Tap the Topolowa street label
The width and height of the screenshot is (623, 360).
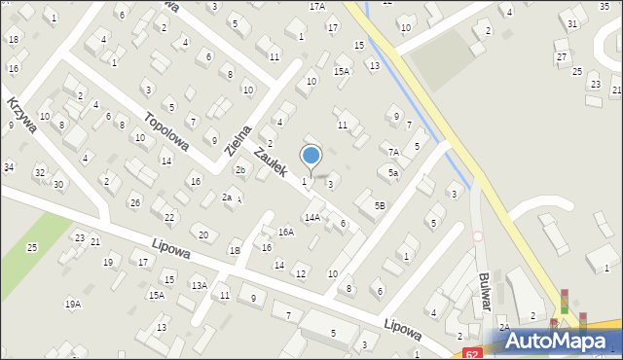[x=165, y=133]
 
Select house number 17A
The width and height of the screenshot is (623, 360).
[x=317, y=6]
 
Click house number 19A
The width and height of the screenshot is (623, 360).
[x=73, y=305]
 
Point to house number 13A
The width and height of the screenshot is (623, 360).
[x=199, y=285]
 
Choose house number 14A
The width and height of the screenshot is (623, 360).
[x=311, y=218]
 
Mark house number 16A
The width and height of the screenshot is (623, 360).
[x=285, y=232]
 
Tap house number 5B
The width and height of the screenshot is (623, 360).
[x=380, y=205]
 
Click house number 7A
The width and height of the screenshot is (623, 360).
[x=393, y=152]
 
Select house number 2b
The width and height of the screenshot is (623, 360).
[x=239, y=170]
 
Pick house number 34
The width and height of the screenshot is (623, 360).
[x=8, y=167]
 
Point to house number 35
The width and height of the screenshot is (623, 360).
[x=604, y=6]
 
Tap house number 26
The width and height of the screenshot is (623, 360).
[x=135, y=202]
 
